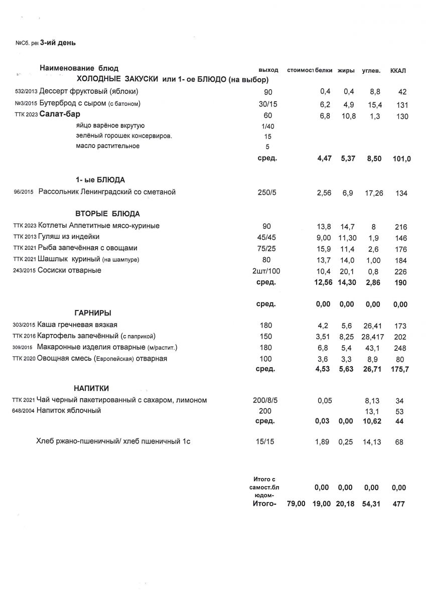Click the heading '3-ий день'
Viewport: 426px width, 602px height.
pos(58,43)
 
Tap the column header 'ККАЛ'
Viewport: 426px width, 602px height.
pos(398,70)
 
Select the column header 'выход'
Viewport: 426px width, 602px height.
pos(268,70)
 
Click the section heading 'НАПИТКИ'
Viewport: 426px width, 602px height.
pos(91,388)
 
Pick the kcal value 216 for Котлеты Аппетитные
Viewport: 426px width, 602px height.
pos(401,227)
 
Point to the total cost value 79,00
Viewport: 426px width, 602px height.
pos(296,504)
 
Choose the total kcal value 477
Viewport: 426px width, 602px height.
pos(398,504)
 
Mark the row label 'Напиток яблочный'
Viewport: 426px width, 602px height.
pos(69,411)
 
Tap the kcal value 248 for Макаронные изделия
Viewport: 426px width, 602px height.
pos(400,348)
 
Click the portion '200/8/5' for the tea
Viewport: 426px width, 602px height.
pos(268,400)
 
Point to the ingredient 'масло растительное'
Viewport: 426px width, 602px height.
pos(108,146)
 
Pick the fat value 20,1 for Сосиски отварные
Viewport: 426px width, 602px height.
pos(348,271)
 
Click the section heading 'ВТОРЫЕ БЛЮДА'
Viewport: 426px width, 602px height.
pos(107,214)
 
